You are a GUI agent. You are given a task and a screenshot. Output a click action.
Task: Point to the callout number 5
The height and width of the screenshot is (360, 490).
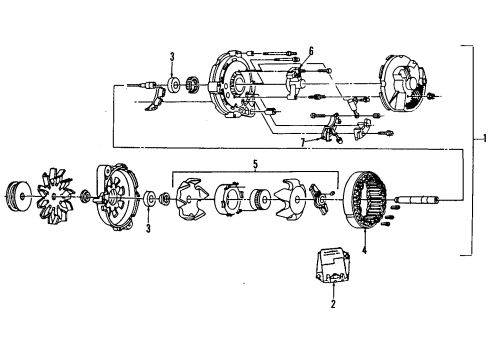(257, 163)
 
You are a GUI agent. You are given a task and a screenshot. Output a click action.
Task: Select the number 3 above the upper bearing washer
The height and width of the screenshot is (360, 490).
(172, 56)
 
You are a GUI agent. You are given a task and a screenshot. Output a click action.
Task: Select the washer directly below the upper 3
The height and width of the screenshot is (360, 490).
(173, 84)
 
